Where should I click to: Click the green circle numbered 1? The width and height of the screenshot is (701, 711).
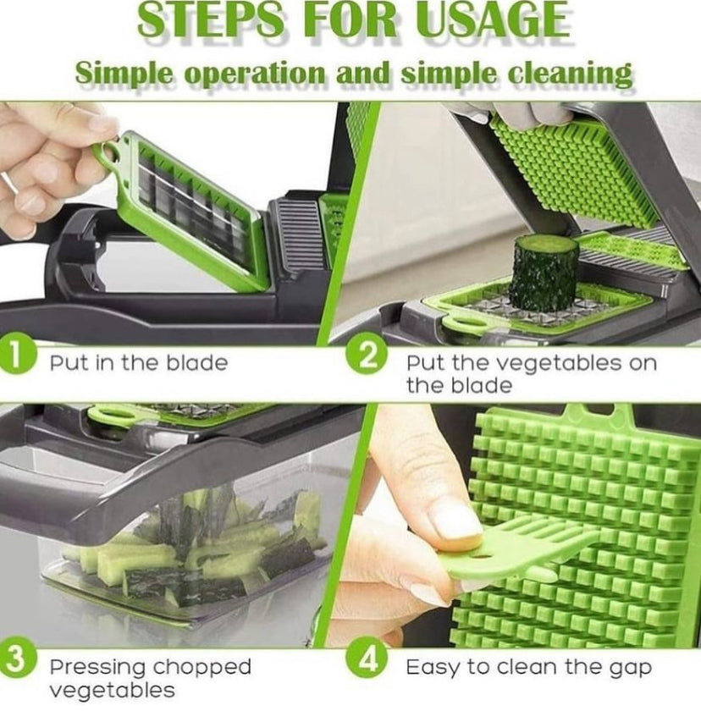tap(16, 355)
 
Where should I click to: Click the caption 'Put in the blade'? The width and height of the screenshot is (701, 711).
tap(139, 363)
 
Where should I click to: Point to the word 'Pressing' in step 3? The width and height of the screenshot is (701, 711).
tap(97, 668)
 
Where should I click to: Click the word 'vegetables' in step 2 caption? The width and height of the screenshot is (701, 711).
tap(544, 363)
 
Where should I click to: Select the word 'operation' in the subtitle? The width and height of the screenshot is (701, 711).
tap(254, 74)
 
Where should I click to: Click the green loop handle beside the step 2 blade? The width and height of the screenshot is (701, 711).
tap(462, 326)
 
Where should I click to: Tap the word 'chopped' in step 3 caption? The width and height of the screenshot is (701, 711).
tap(201, 668)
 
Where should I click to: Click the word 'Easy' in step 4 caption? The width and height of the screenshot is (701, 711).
tap(433, 669)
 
